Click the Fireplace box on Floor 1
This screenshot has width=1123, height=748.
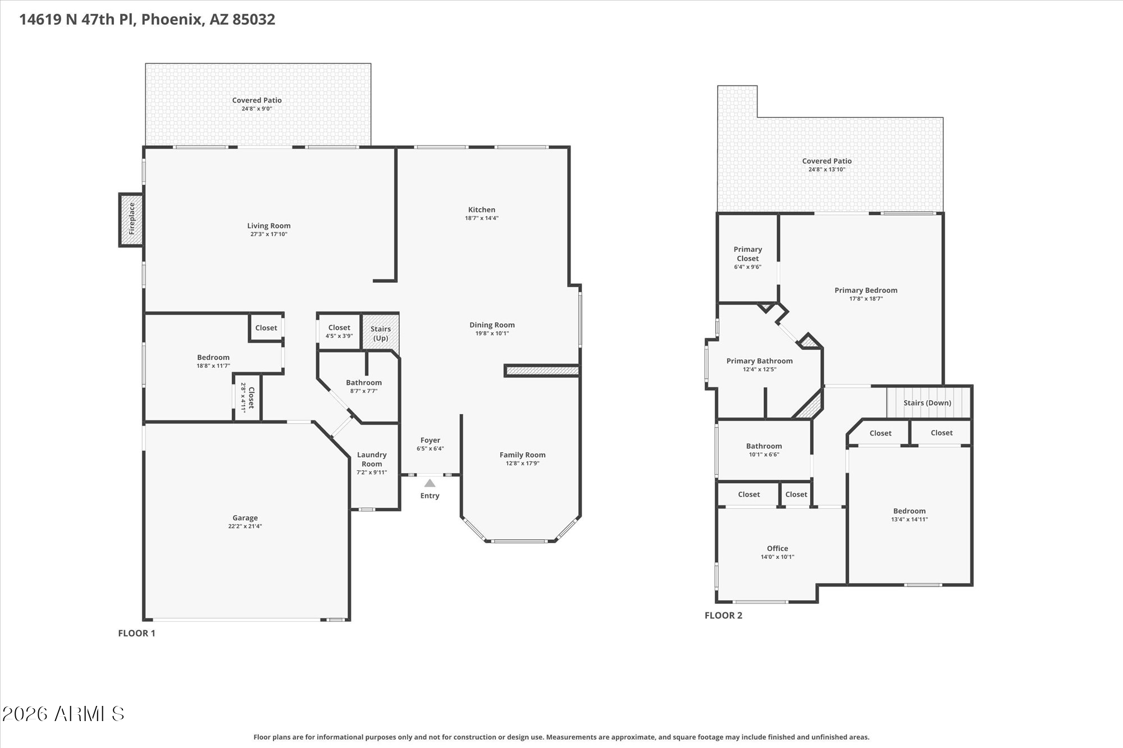131,219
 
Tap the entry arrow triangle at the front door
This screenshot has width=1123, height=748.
430,483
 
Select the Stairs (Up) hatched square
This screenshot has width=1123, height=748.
380,333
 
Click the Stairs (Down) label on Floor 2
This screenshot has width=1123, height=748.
927,403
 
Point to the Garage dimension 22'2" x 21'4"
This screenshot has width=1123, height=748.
245,526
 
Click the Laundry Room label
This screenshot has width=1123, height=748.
372,459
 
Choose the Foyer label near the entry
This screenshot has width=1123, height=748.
430,440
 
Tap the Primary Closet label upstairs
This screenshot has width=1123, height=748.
747,254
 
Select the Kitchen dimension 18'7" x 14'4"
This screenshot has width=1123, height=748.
481,218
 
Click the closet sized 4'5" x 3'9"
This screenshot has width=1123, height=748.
339,332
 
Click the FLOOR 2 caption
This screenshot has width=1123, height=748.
723,616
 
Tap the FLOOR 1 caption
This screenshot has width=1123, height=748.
136,634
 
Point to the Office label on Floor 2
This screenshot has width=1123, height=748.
777,548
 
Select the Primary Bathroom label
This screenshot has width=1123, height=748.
759,361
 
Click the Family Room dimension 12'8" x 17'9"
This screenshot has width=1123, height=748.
522,464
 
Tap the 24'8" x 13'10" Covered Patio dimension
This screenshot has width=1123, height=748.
827,169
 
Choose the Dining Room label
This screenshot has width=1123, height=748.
492,325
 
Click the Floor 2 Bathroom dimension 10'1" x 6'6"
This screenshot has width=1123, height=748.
764,455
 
